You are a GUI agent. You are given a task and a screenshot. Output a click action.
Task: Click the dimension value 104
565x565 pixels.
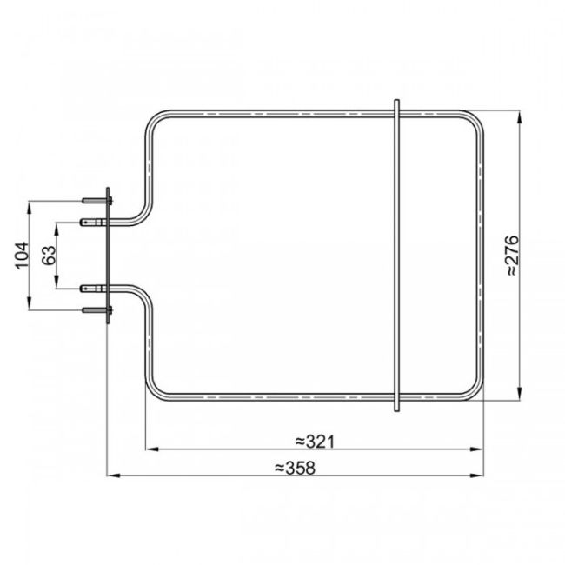(23, 256)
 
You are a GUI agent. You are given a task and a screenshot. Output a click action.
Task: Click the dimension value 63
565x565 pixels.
(49, 256)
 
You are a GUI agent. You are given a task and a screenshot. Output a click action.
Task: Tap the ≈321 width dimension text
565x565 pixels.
(314, 441)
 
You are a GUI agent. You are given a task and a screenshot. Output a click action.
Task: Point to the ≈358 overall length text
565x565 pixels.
(295, 468)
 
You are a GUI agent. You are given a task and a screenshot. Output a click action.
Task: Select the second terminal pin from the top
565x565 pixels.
(90, 223)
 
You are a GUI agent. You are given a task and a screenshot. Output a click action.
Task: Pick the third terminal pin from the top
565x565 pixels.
(90, 288)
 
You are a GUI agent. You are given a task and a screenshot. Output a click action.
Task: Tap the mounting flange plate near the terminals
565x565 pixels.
(107, 256)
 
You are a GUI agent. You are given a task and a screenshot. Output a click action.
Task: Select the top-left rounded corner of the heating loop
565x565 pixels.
(155, 123)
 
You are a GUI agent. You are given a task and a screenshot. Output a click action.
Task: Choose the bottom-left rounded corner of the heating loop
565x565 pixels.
(155, 390)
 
